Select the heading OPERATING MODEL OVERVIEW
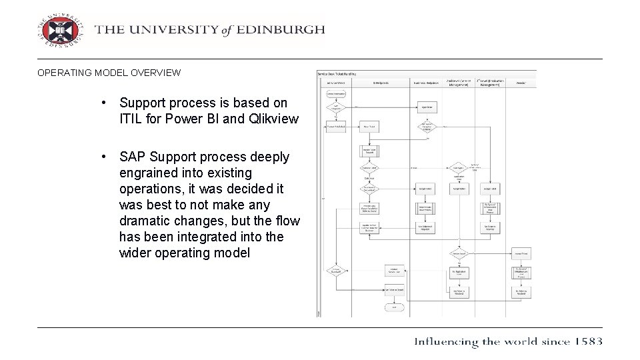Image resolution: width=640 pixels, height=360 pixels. [x=109, y=73]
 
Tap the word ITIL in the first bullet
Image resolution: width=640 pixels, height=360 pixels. [x=131, y=119]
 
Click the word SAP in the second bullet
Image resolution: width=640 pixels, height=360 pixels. [x=133, y=157]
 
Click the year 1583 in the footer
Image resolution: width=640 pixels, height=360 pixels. [x=587, y=341]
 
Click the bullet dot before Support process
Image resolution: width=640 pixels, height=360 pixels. [x=104, y=103]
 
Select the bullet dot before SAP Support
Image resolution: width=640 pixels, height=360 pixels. [x=104, y=157]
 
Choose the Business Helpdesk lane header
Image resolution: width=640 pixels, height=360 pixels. [x=427, y=83]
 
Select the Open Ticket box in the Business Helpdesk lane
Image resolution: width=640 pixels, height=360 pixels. [x=427, y=106]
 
